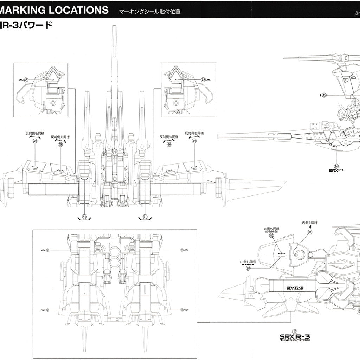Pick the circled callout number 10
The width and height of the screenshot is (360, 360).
[x=295, y=331]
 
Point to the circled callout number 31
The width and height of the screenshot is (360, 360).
[x=310, y=232]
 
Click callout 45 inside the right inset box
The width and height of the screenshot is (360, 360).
[x=203, y=80]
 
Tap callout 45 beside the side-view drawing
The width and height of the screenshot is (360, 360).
[x=324, y=95]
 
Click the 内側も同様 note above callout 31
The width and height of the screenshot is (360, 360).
[x=310, y=223]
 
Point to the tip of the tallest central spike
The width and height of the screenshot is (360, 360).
[x=114, y=27]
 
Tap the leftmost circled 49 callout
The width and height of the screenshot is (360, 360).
[x=35, y=141]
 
